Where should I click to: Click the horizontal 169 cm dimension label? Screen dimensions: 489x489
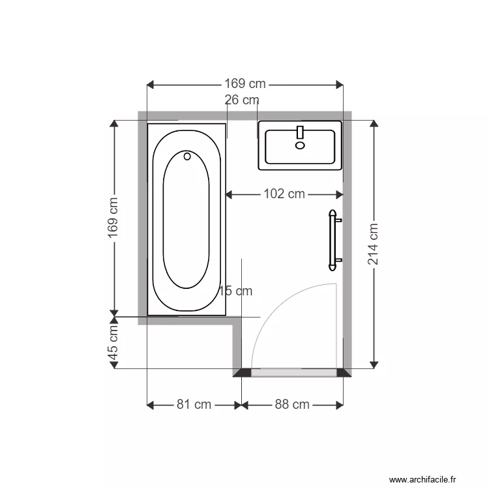point(245,84)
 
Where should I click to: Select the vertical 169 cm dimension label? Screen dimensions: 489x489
point(114,218)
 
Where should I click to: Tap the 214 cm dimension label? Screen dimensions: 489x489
point(373,244)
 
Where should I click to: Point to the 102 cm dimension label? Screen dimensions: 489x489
point(284,194)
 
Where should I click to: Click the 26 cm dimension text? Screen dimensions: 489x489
point(242,100)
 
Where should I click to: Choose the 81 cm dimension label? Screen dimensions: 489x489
point(194,404)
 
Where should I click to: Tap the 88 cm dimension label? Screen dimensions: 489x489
point(291,404)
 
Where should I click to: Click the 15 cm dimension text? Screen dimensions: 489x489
point(235,291)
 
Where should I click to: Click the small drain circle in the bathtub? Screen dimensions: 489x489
point(187,156)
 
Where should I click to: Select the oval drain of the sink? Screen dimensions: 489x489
point(300,145)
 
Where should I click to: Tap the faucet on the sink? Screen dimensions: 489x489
point(300,132)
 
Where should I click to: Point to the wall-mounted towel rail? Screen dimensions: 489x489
point(334,240)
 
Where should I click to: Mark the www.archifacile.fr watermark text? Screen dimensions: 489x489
point(422,480)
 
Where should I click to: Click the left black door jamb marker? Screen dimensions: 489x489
point(243,373)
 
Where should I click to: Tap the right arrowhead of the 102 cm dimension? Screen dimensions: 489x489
point(339,194)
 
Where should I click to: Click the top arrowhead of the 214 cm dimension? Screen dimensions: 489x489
point(373,125)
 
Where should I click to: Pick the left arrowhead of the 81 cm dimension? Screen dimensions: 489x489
point(151,404)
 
